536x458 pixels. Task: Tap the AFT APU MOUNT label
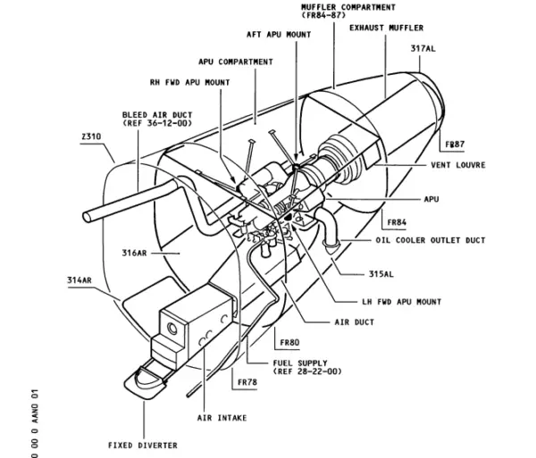(279, 35)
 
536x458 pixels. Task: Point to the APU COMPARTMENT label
(236, 62)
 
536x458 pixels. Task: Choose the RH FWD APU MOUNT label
(189, 83)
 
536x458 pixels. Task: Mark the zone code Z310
(91, 136)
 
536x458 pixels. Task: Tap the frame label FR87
(455, 145)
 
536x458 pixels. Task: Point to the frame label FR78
(247, 381)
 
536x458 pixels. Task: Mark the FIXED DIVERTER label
(142, 445)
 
